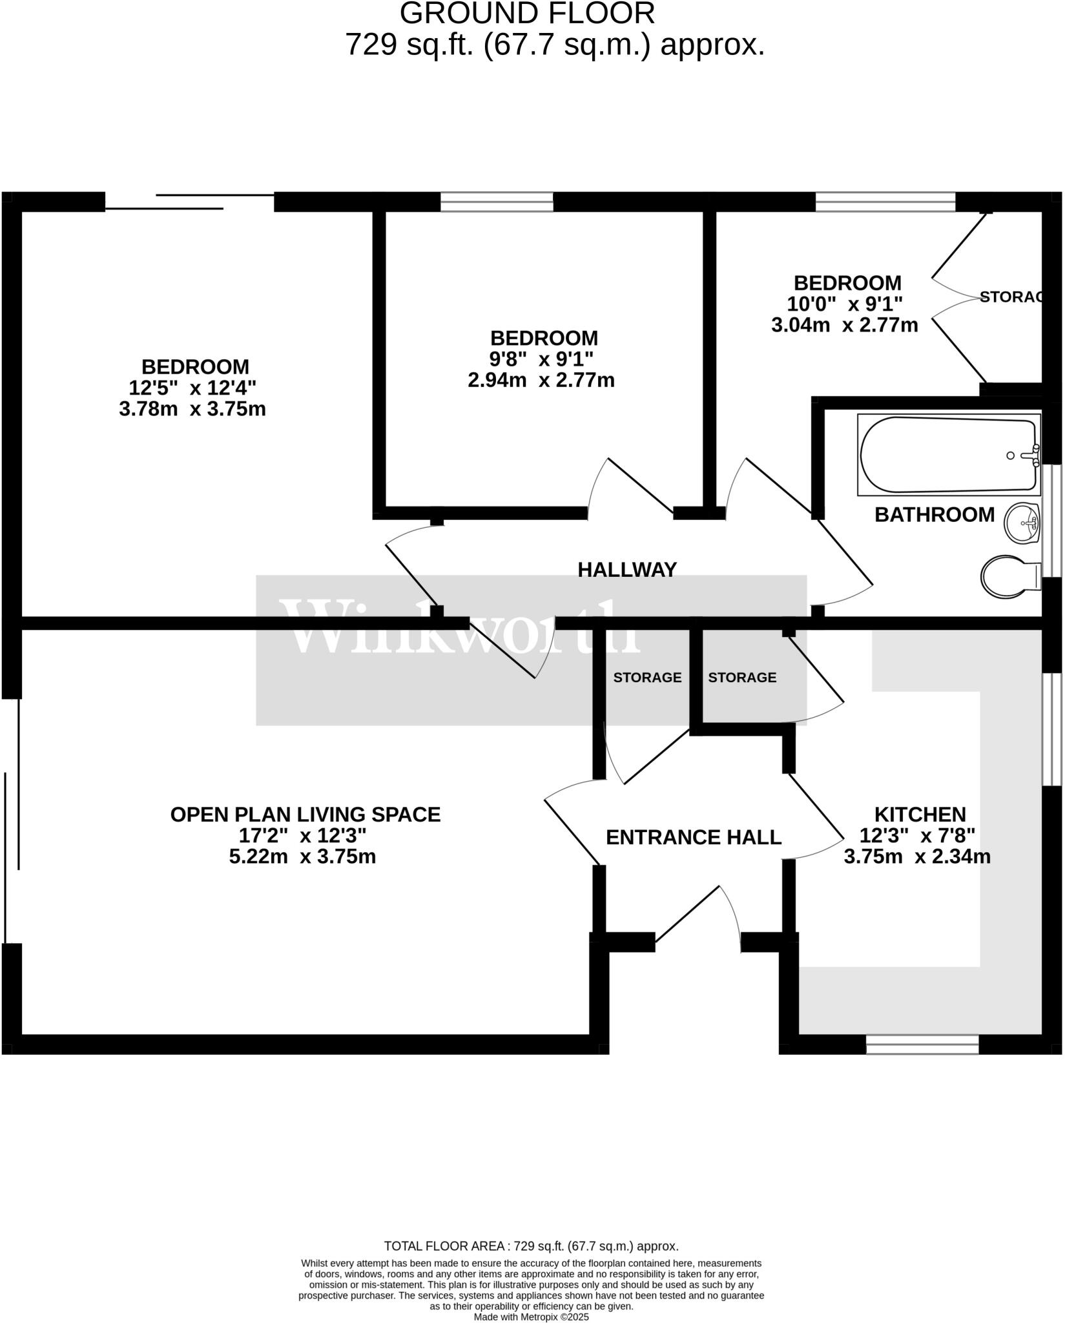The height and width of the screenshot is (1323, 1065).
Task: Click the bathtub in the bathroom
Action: click(x=948, y=455)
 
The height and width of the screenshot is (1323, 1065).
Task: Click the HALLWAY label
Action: click(x=626, y=569)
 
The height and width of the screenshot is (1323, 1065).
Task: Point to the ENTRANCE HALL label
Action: click(x=693, y=837)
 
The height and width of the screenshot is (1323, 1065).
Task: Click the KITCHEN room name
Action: click(x=920, y=814)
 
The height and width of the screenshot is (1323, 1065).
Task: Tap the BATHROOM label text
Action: click(x=934, y=514)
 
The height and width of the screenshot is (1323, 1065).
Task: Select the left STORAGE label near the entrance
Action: click(x=647, y=677)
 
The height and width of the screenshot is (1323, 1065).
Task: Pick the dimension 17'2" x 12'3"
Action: click(x=302, y=835)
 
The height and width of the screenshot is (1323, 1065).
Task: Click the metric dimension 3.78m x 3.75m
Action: click(x=192, y=409)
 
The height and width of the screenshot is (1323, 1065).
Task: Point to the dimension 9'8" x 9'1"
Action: click(x=544, y=359)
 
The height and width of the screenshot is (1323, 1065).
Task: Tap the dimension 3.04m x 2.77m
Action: click(x=844, y=324)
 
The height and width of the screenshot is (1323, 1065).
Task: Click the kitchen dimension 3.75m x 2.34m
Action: click(x=917, y=857)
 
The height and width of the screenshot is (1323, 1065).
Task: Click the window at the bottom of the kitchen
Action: click(x=922, y=1045)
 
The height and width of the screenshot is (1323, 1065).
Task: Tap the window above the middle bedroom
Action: click(x=497, y=202)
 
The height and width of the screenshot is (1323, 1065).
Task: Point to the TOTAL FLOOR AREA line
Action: click(x=531, y=1245)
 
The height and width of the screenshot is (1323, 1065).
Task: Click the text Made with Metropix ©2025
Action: click(x=531, y=1316)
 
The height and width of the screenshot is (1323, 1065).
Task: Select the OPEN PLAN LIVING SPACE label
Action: click(x=305, y=814)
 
